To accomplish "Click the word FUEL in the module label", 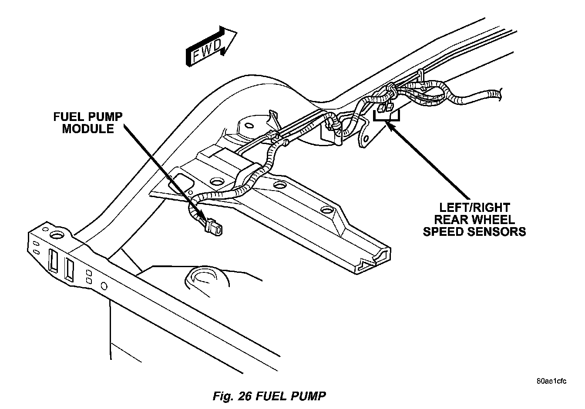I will click(x=70, y=117).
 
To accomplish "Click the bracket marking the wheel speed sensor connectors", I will click(x=387, y=117).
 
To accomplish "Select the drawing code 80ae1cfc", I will click(x=551, y=382).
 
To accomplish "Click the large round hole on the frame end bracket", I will click(x=56, y=235).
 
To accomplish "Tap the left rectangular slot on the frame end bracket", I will click(x=54, y=261).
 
